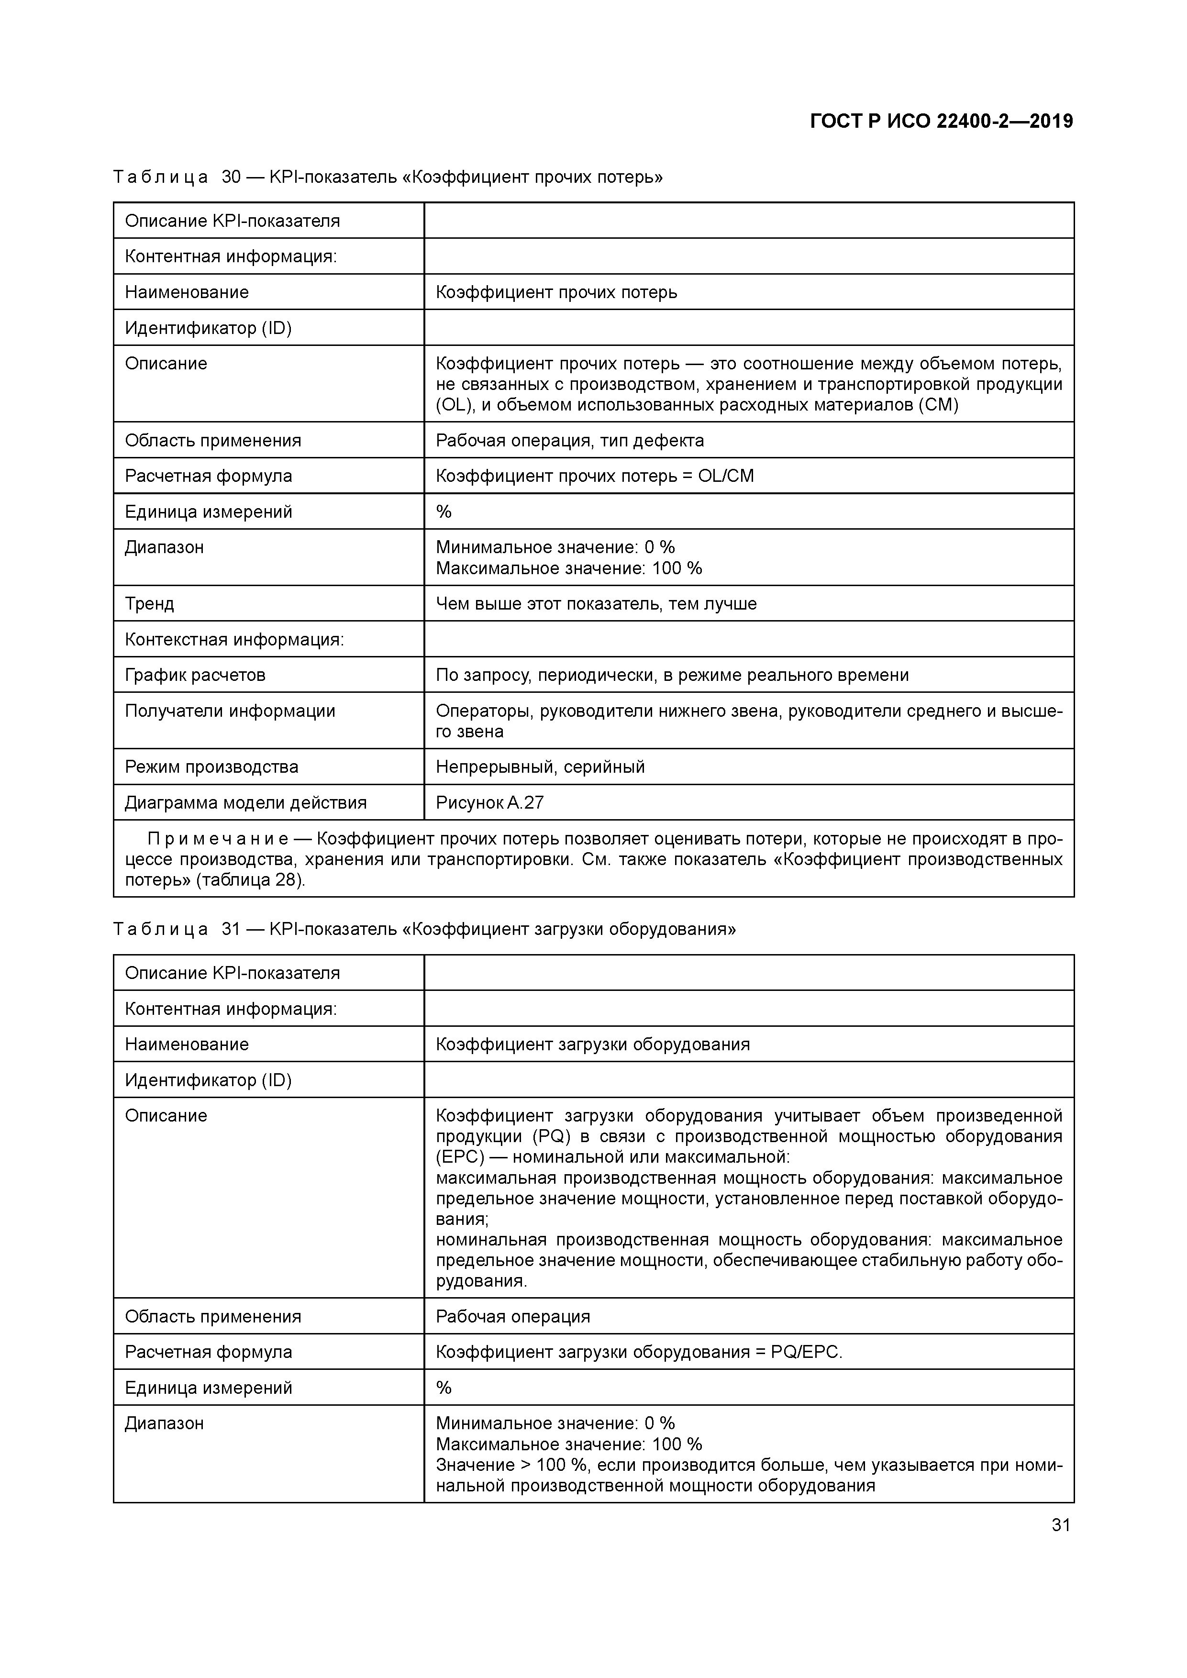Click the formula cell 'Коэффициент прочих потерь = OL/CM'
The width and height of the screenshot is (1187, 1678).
pos(594,476)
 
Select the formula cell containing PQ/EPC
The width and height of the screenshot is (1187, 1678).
pos(639,1352)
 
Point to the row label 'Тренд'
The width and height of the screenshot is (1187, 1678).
pos(149,604)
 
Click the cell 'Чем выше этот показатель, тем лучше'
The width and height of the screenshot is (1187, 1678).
pos(596,604)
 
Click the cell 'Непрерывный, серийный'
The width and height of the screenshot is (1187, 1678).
pos(540,767)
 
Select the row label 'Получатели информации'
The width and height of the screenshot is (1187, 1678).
pos(230,711)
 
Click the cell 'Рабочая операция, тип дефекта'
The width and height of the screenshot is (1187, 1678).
pos(569,440)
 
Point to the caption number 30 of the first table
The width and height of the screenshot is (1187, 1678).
pos(231,177)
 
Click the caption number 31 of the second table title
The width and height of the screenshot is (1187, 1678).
pos(231,929)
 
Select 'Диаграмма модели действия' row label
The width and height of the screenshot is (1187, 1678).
pos(245,802)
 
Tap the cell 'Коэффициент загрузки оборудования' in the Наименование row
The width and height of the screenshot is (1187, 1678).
pos(593,1044)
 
